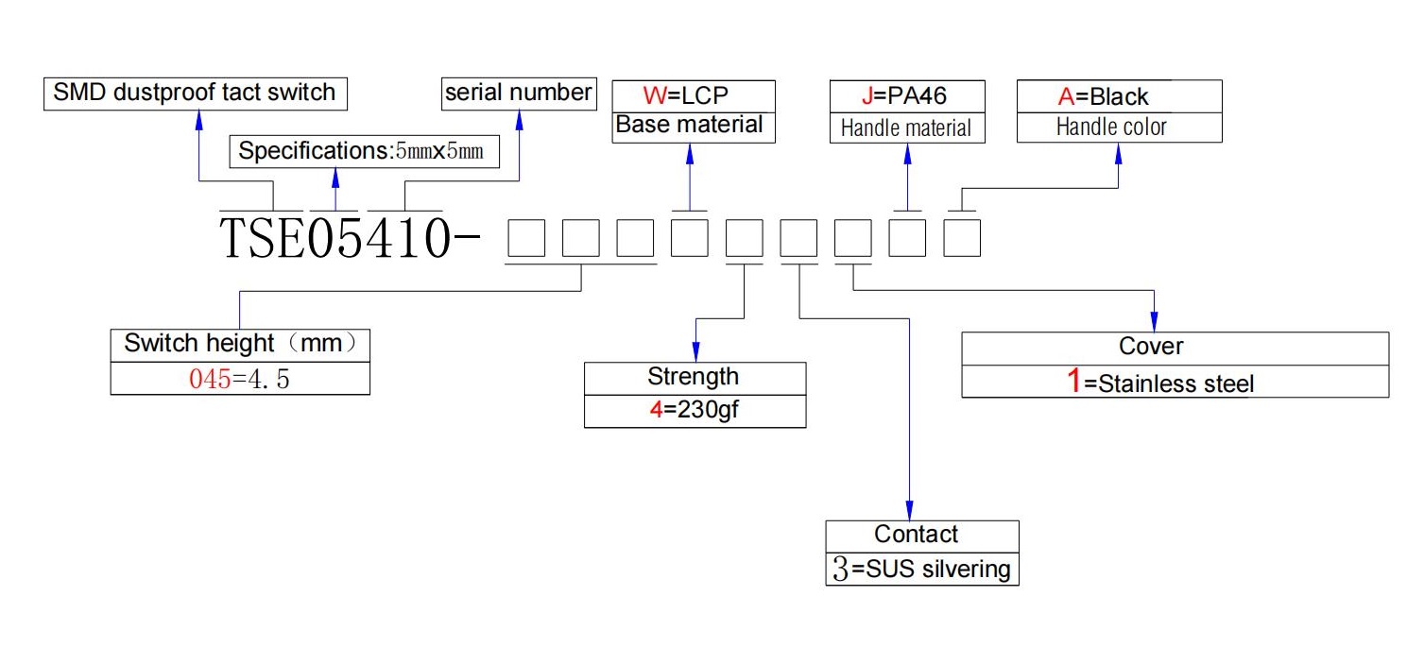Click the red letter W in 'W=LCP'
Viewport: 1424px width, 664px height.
[654, 96]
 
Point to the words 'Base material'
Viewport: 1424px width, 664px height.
[689, 125]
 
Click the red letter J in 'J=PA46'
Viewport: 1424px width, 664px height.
[867, 96]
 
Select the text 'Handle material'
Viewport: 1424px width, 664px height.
[906, 128]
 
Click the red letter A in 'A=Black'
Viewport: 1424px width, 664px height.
[1066, 96]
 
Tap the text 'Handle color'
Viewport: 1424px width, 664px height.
[1111, 128]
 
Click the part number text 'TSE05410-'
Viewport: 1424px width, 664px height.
[350, 238]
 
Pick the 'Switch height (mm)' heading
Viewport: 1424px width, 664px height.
[240, 344]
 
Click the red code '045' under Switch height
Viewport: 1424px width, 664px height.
[210, 380]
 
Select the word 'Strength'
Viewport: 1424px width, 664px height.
[693, 377]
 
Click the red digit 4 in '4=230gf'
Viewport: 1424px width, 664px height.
[656, 410]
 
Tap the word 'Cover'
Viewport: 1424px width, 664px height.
[1151, 347]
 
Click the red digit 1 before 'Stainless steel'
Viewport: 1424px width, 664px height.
[1073, 382]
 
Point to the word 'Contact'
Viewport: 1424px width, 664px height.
[916, 535]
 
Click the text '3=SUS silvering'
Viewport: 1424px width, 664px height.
[922, 569]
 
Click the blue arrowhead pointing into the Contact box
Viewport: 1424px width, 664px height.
[910, 511]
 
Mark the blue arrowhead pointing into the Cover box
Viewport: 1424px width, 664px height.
[1154, 321]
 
